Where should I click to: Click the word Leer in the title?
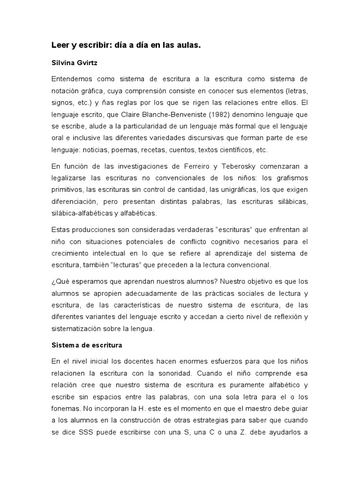[60, 45]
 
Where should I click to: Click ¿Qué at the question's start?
[59, 282]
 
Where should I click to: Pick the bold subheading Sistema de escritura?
[87, 345]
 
